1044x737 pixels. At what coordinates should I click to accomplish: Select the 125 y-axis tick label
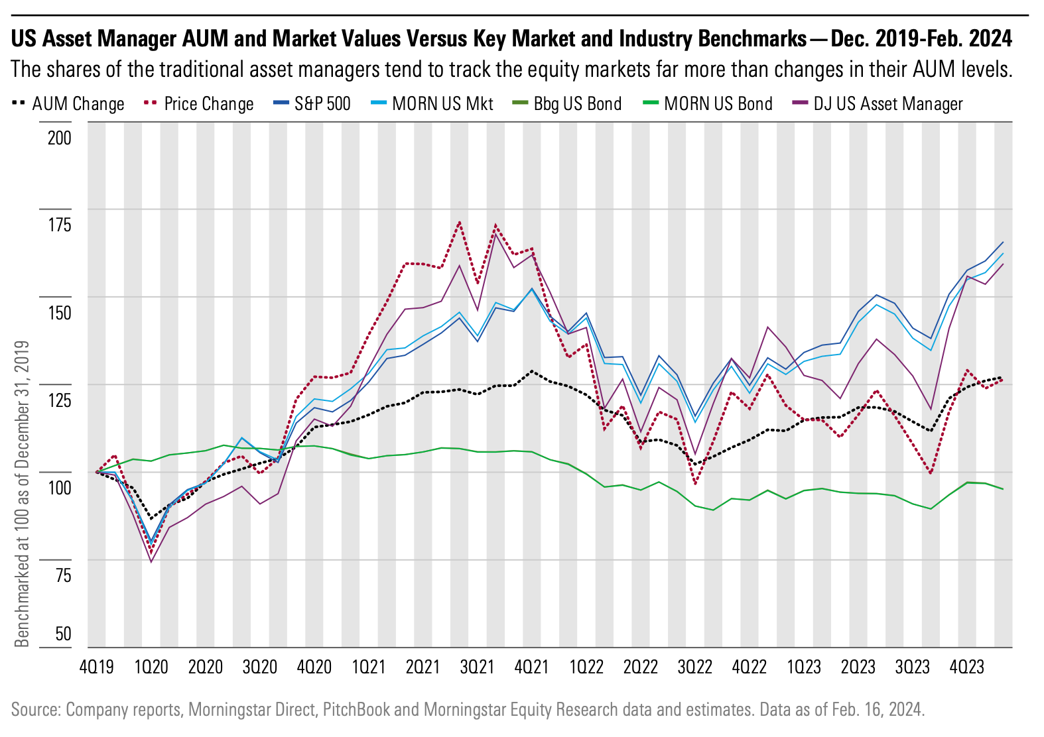click(60, 400)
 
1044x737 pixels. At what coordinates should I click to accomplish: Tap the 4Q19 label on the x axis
click(96, 667)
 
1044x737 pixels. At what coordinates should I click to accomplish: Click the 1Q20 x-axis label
click(151, 667)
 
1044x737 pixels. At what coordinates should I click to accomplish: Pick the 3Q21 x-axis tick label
click(477, 667)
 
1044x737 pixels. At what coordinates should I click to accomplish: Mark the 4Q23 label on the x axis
click(966, 667)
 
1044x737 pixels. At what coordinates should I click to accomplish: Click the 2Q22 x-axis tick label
click(640, 667)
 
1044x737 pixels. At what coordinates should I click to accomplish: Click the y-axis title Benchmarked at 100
click(23, 493)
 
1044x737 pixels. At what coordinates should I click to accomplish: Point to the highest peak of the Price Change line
click(460, 222)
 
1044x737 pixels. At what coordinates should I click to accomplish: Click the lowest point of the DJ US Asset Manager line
click(151, 562)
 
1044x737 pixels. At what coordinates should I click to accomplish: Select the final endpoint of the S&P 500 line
click(1003, 242)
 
